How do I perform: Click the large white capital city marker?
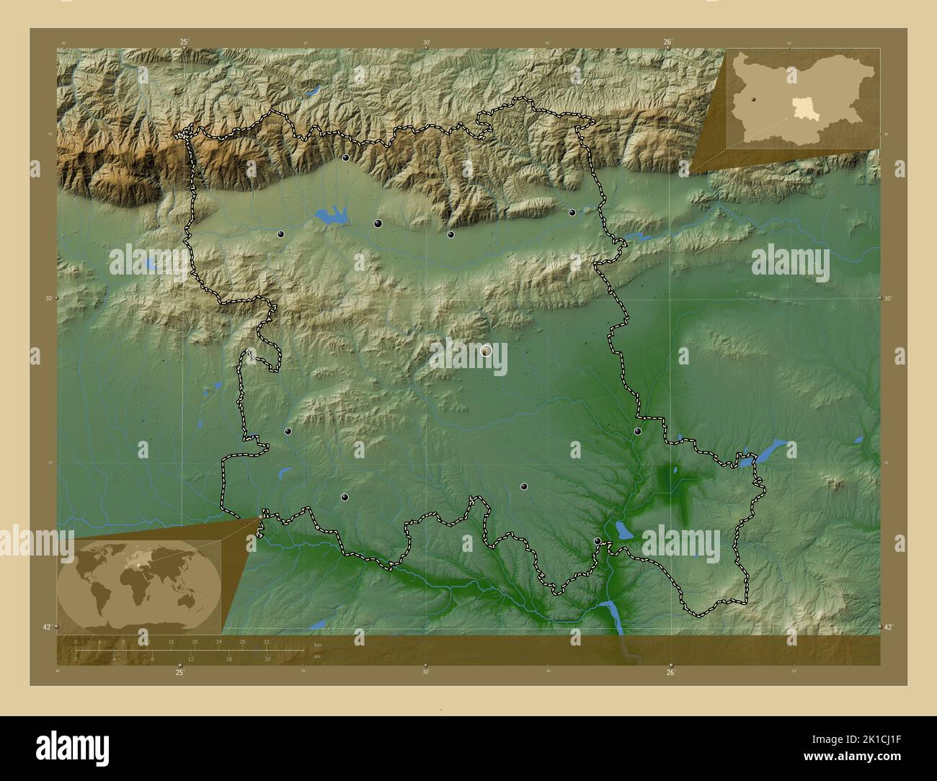pos(486,351)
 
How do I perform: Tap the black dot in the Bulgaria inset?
pos(752,100)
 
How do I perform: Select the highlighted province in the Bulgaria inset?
pos(801,110)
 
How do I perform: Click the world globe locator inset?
pos(139,587)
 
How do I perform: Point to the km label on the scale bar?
pos(317,644)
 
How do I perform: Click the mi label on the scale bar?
pos(317,656)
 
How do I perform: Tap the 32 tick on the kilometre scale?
pos(266,641)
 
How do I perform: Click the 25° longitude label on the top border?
pos(185,43)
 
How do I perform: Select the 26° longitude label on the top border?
pos(668,43)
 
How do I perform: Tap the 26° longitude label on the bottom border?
pos(670,673)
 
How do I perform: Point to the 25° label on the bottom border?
pos(180,673)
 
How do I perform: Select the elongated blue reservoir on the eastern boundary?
pos(765,452)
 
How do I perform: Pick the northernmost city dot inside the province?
pos(346,157)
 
